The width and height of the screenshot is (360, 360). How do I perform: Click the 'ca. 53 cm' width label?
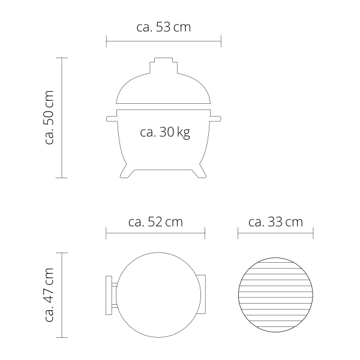163,27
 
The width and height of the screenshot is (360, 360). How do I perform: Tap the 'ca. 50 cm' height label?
49,118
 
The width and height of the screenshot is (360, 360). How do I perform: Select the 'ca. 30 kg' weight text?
165,132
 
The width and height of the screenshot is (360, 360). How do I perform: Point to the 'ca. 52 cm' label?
155,222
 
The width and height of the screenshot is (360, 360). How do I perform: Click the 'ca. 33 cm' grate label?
275,222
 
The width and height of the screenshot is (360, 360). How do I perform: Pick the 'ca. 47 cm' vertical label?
49,295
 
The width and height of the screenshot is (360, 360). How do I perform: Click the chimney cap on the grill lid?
163,65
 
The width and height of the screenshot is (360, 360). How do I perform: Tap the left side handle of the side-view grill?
112,119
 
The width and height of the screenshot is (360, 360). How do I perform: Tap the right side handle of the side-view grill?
215,119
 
